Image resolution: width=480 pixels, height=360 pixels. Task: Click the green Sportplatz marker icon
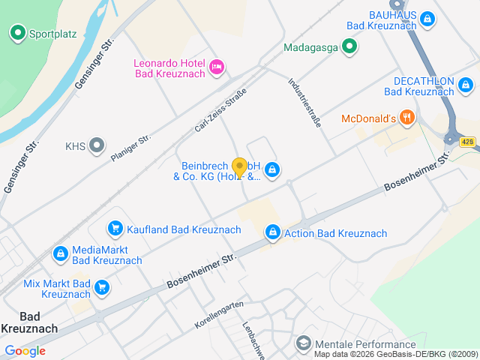[x=17, y=33]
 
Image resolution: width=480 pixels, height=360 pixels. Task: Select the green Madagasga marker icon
[x=349, y=48]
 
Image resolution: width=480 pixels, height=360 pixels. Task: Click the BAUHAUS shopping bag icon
[x=427, y=19]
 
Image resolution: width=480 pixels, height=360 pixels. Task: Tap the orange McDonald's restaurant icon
[x=406, y=118]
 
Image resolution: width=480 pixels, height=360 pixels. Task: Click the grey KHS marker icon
[x=97, y=145]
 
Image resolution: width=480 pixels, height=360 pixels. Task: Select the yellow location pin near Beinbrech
[x=239, y=168]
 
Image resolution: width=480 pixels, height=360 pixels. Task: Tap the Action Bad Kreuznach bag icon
[x=272, y=233]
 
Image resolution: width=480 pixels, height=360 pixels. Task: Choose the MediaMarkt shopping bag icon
[x=59, y=254]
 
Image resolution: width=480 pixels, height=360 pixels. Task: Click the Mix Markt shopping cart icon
[x=102, y=287]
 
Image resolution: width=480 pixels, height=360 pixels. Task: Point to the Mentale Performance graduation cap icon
[x=304, y=343]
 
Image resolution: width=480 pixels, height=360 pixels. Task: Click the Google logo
[x=25, y=351]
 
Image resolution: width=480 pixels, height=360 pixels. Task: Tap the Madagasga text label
[x=310, y=48]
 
